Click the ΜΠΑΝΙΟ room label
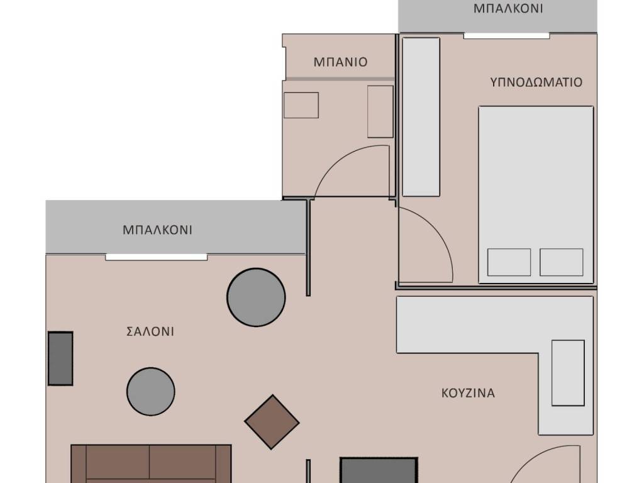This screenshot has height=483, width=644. pyautogui.click(x=340, y=62)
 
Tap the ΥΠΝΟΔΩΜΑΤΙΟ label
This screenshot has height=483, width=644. pyautogui.click(x=536, y=82)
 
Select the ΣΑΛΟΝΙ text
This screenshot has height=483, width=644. pyautogui.click(x=150, y=331)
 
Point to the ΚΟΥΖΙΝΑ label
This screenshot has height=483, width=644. pyautogui.click(x=468, y=393)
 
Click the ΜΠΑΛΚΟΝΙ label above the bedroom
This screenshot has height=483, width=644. pyautogui.click(x=508, y=9)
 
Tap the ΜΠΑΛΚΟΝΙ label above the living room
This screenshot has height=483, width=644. pyautogui.click(x=157, y=230)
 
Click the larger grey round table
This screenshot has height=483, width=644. pyautogui.click(x=256, y=297)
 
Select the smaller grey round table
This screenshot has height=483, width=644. pyautogui.click(x=151, y=392)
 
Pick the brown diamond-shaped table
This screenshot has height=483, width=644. pyautogui.click(x=272, y=422)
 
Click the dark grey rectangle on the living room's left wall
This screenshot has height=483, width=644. pyautogui.click(x=60, y=358)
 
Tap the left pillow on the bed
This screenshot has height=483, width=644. pyautogui.click(x=509, y=262)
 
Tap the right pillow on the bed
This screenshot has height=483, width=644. pyautogui.click(x=561, y=262)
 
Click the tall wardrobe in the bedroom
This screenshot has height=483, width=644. pyautogui.click(x=421, y=117)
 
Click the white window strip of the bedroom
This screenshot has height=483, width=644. pyautogui.click(x=507, y=36)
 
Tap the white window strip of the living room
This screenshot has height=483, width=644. pyautogui.click(x=157, y=257)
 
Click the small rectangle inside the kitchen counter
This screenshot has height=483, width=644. pyautogui.click(x=568, y=373)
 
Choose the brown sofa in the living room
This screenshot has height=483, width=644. pyautogui.click(x=151, y=464)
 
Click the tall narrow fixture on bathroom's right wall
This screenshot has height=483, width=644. pyautogui.click(x=380, y=112)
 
